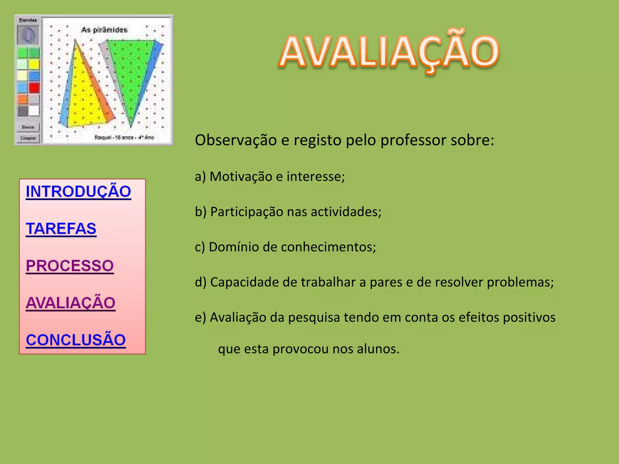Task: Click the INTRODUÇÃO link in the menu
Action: pos(78,192)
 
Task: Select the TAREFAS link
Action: pos(61,229)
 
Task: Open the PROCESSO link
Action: pos(70,266)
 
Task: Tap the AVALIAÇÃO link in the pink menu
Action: pos(71,303)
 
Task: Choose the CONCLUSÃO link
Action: pos(76,340)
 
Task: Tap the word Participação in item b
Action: pos(247,212)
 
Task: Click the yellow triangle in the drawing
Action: pos(85,97)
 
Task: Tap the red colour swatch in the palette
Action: pos(34,88)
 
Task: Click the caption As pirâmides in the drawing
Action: pos(104,30)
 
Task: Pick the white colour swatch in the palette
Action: pos(34,111)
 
